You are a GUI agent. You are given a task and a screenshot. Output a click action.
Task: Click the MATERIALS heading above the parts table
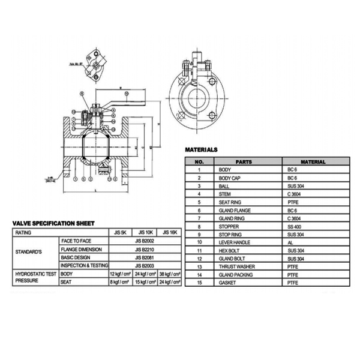click(x=201, y=149)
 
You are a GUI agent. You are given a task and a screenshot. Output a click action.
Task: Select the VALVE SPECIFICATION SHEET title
click(x=54, y=223)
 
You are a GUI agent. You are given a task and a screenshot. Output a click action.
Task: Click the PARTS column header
click(x=244, y=162)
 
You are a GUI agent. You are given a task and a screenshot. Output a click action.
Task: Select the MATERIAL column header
click(x=313, y=162)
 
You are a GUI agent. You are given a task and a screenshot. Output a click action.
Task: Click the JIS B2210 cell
click(x=146, y=248)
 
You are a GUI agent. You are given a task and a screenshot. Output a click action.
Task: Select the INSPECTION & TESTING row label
click(x=84, y=265)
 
